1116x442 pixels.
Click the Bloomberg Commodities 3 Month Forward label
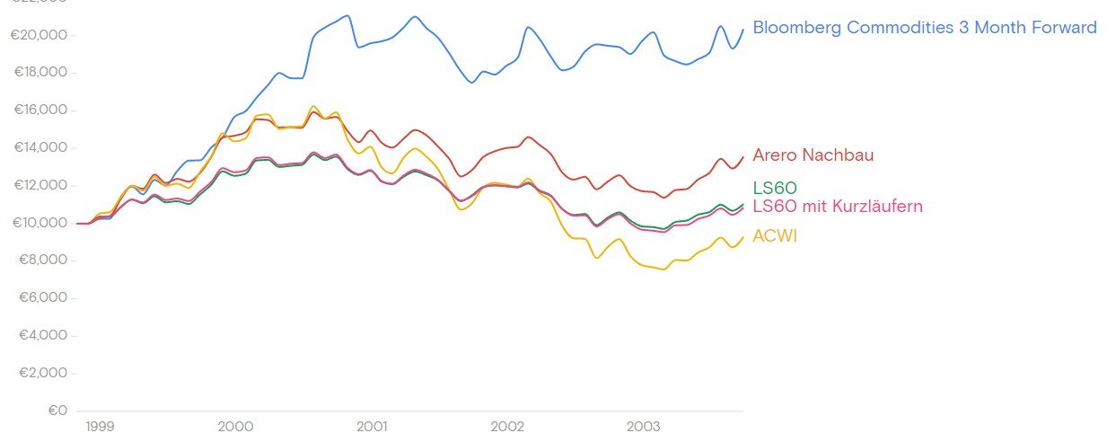click(x=924, y=28)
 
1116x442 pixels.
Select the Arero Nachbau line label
click(x=813, y=155)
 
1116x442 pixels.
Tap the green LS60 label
click(x=775, y=188)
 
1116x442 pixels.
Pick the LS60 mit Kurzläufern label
click(x=837, y=207)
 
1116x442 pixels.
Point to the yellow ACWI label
click(x=775, y=236)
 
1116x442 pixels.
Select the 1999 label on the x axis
click(x=100, y=426)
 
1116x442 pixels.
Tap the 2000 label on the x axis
click(x=235, y=426)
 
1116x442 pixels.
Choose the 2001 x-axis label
click(x=372, y=426)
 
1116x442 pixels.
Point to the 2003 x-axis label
click(x=644, y=426)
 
